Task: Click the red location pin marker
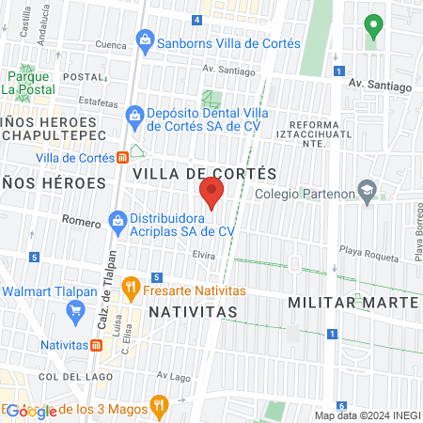(x=211, y=193)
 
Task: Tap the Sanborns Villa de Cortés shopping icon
(x=145, y=40)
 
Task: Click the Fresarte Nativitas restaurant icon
(x=133, y=285)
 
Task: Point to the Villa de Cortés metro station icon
(x=123, y=158)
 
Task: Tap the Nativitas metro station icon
(x=97, y=345)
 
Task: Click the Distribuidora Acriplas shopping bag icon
(x=117, y=222)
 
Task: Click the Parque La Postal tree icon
(x=23, y=73)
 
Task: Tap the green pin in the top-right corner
(x=374, y=26)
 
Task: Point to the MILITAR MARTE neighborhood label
(x=352, y=303)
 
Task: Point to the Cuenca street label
(x=110, y=44)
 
